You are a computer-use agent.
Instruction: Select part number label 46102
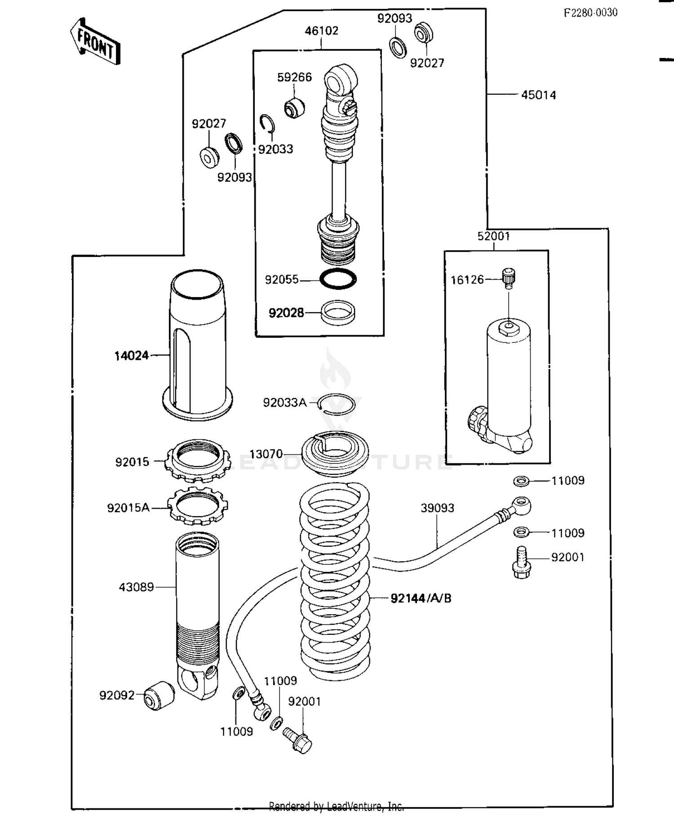(x=321, y=31)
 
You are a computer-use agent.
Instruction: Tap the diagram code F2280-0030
(x=590, y=13)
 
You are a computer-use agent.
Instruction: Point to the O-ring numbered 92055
(x=338, y=279)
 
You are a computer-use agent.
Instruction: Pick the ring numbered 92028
(x=338, y=312)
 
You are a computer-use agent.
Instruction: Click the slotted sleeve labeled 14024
(x=198, y=346)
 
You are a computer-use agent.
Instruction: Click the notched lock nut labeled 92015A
(x=198, y=506)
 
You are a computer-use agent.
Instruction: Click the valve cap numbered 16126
(x=509, y=278)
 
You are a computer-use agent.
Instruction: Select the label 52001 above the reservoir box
(x=493, y=236)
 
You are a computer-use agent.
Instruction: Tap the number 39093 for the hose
(x=437, y=508)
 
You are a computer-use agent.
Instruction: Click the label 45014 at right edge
(x=538, y=95)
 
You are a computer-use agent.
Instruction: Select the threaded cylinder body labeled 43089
(x=197, y=611)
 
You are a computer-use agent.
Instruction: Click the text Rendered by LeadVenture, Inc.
(x=336, y=807)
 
